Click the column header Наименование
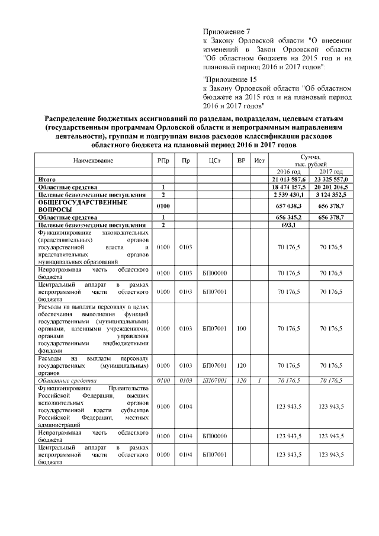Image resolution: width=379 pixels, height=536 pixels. (93, 161)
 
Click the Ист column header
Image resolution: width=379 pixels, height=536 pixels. (259, 161)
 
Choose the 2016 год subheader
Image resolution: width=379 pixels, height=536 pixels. (289, 171)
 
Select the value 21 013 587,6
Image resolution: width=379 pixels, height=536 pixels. (289, 178)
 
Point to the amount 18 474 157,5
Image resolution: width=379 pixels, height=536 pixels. (289, 186)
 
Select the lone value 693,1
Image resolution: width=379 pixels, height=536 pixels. (289, 225)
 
